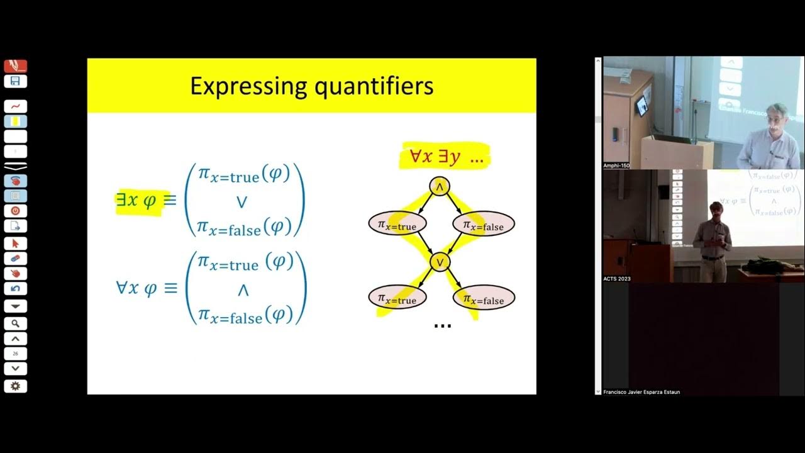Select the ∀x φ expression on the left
click(137, 288)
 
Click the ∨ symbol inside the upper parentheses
click(241, 202)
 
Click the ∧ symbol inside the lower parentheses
click(243, 290)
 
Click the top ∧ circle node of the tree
click(440, 186)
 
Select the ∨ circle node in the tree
click(440, 261)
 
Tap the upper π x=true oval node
click(397, 224)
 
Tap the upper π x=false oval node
click(483, 224)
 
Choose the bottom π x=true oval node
click(397, 298)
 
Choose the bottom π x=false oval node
click(483, 298)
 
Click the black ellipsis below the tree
click(443, 325)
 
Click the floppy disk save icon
click(15, 81)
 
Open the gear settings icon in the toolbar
click(15, 386)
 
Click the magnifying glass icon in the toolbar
click(15, 323)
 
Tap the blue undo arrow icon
click(15, 289)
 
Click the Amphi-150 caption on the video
click(616, 165)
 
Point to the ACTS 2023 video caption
click(617, 279)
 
